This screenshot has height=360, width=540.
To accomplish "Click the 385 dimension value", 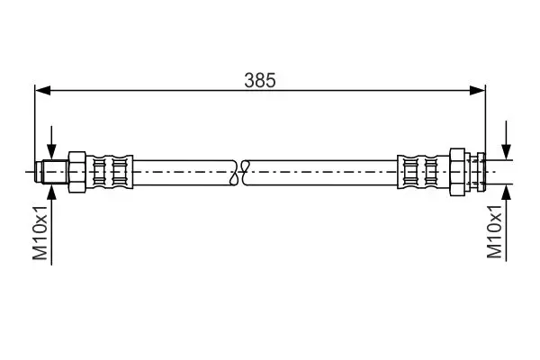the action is coord(260,80).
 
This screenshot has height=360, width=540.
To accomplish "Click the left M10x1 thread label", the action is coord(40,233).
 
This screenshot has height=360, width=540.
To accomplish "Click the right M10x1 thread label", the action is coord(494,231).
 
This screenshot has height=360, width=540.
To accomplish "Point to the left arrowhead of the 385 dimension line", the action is coord(42,91).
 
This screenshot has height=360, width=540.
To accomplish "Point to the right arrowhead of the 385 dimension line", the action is coord(477,91).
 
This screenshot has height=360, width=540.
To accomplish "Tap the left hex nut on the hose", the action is coord(76,172).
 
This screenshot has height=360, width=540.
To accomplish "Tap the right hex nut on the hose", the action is coord(457,172).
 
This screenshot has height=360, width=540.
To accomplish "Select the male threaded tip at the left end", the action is coord(51,172).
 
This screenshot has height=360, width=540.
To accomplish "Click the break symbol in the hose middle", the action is coord(240,172).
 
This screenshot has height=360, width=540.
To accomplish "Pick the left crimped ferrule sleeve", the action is coord(110,172).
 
